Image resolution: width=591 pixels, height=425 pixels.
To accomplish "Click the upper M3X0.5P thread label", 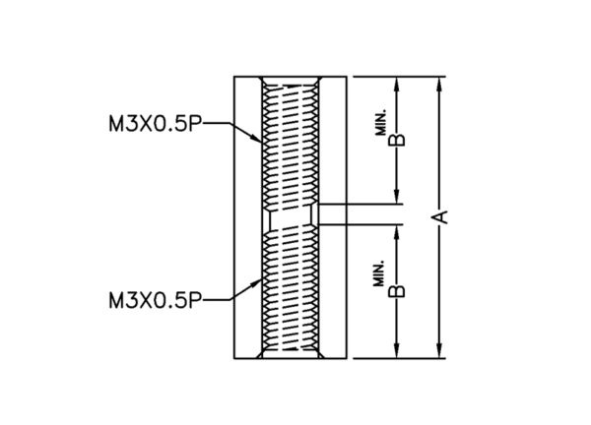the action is (x=155, y=123).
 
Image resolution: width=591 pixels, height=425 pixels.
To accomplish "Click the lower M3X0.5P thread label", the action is (x=155, y=300).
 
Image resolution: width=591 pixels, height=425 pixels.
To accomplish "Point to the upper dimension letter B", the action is (x=397, y=140).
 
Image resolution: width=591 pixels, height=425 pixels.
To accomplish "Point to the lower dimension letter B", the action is (x=397, y=291).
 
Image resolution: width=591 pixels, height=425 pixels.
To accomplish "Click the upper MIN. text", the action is (x=380, y=123).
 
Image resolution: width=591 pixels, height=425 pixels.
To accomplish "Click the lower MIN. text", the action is (x=379, y=273).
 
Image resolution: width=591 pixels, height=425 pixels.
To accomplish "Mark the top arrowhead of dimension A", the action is (x=438, y=84).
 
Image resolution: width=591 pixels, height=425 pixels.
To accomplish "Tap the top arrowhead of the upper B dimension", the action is (x=396, y=84).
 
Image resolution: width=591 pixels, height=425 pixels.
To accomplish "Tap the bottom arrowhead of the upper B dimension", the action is (x=396, y=197).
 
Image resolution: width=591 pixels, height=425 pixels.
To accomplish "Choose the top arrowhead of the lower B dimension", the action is (x=396, y=233).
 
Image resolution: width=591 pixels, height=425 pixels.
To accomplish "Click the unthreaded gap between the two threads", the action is (x=291, y=216).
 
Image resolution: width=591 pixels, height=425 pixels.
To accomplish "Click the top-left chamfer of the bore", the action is (x=259, y=81).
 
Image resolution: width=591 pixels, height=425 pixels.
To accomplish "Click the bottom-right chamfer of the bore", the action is (x=321, y=354).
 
